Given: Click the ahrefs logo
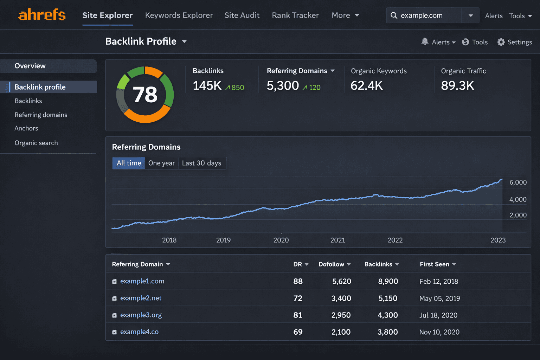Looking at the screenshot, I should (x=42, y=15).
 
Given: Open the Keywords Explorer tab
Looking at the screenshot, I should (x=179, y=15).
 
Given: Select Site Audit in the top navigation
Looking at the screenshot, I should (x=242, y=15).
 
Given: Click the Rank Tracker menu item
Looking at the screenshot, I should (x=295, y=15).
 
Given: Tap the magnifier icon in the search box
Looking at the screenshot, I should (x=394, y=15).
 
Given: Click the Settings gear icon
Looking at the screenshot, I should (x=501, y=42).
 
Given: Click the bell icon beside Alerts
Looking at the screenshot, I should (x=425, y=42).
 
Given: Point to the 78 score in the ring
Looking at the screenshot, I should (x=145, y=95).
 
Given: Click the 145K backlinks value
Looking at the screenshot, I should (x=207, y=86).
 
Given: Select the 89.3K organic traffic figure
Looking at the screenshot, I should (x=457, y=86).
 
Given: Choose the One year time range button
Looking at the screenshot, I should (x=161, y=163).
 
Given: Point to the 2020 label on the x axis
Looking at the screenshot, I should (x=281, y=240).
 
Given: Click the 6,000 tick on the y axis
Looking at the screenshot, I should (x=518, y=182).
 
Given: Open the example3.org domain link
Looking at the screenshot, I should (x=141, y=315).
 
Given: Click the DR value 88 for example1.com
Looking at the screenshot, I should (x=298, y=281).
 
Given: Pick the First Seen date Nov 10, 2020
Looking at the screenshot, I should (x=439, y=332).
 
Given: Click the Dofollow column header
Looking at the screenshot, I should (x=331, y=264).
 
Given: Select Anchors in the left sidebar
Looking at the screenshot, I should (x=26, y=128).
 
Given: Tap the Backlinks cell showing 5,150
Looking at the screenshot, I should (x=388, y=298).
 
